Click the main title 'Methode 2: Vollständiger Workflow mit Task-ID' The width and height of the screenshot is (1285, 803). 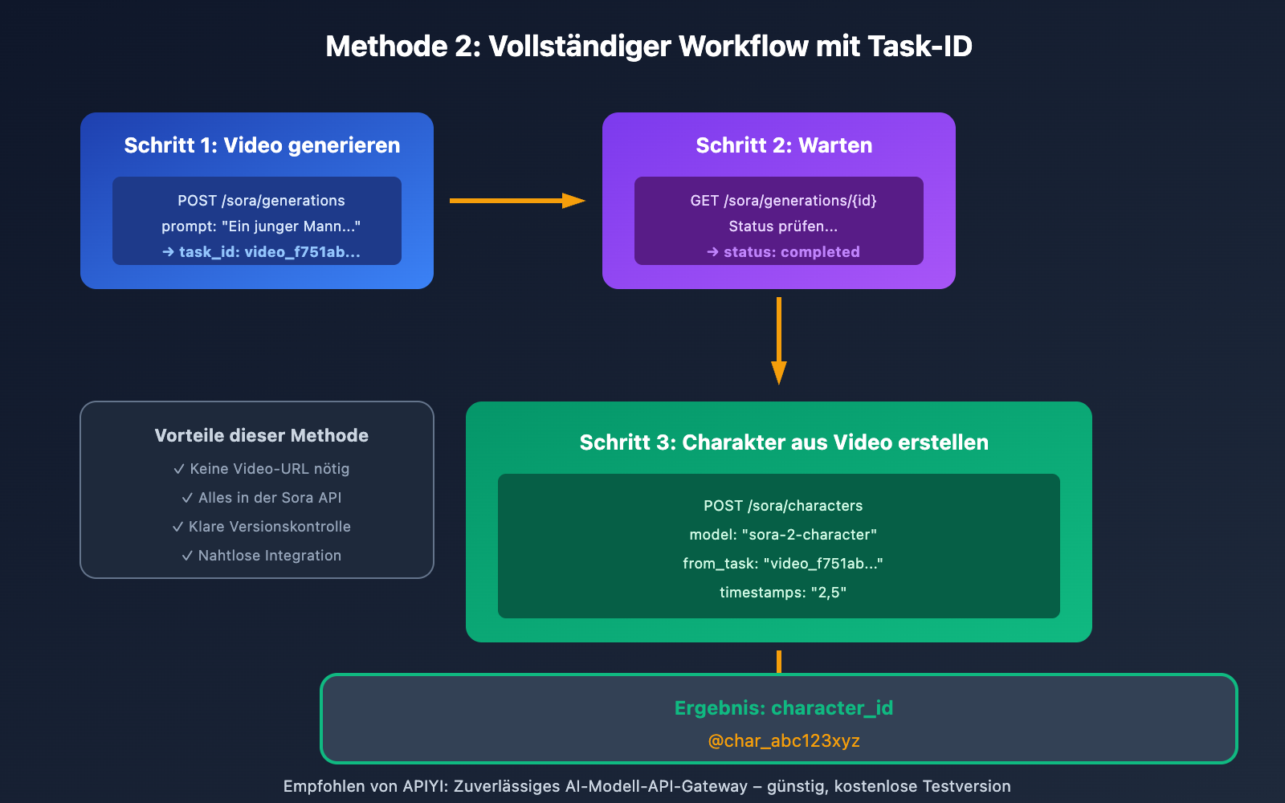coord(648,47)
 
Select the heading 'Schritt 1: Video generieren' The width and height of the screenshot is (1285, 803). coord(262,145)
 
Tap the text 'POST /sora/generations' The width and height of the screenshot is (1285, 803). coord(261,201)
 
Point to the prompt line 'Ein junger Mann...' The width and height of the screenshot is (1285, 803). coord(261,226)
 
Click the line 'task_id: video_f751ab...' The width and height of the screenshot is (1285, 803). coord(261,252)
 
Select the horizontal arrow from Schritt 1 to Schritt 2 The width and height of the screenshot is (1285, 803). coord(516,201)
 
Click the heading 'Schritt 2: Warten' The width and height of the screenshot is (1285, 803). coord(783,145)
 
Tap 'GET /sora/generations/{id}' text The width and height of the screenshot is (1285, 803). coord(783,201)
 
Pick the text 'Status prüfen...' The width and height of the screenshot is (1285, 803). coord(783,226)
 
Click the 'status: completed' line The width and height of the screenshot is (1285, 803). coord(783,252)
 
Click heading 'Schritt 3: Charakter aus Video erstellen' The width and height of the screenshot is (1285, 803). coord(783,442)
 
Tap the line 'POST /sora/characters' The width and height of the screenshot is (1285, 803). coord(783,506)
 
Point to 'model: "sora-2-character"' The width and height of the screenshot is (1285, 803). coord(783,535)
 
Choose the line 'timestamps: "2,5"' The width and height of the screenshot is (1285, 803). coord(783,593)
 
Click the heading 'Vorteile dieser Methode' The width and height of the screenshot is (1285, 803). coord(261,435)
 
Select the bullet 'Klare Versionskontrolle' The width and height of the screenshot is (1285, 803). coord(261,527)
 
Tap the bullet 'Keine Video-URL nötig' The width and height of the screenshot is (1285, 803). coord(261,469)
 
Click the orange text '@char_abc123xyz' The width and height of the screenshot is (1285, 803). coord(783,741)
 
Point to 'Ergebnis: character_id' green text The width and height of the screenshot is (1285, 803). coord(783,708)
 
